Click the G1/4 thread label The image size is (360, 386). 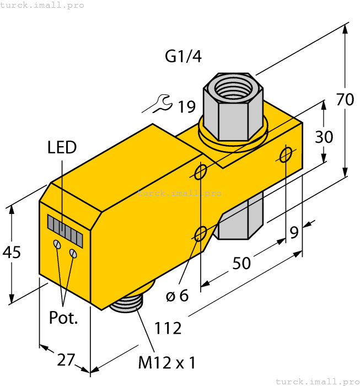pos(183,57)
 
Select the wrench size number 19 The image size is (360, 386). pos(186,106)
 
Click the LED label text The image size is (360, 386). pos(62,147)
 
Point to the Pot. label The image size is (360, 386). pos(63,318)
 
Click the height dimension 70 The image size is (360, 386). pos(345,100)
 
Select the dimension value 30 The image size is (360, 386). pos(324,136)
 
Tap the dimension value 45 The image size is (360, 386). pos(12,253)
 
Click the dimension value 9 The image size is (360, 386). pos(294,233)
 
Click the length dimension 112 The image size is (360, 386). pos(168,328)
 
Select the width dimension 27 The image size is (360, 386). pos(66,360)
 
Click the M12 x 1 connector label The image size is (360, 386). pos(166,363)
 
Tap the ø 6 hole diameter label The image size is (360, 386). pos(177,296)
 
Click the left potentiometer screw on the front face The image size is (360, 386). pos(57,244)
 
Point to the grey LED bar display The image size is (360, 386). pos(65,230)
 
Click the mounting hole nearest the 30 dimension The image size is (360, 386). pos(286,155)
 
